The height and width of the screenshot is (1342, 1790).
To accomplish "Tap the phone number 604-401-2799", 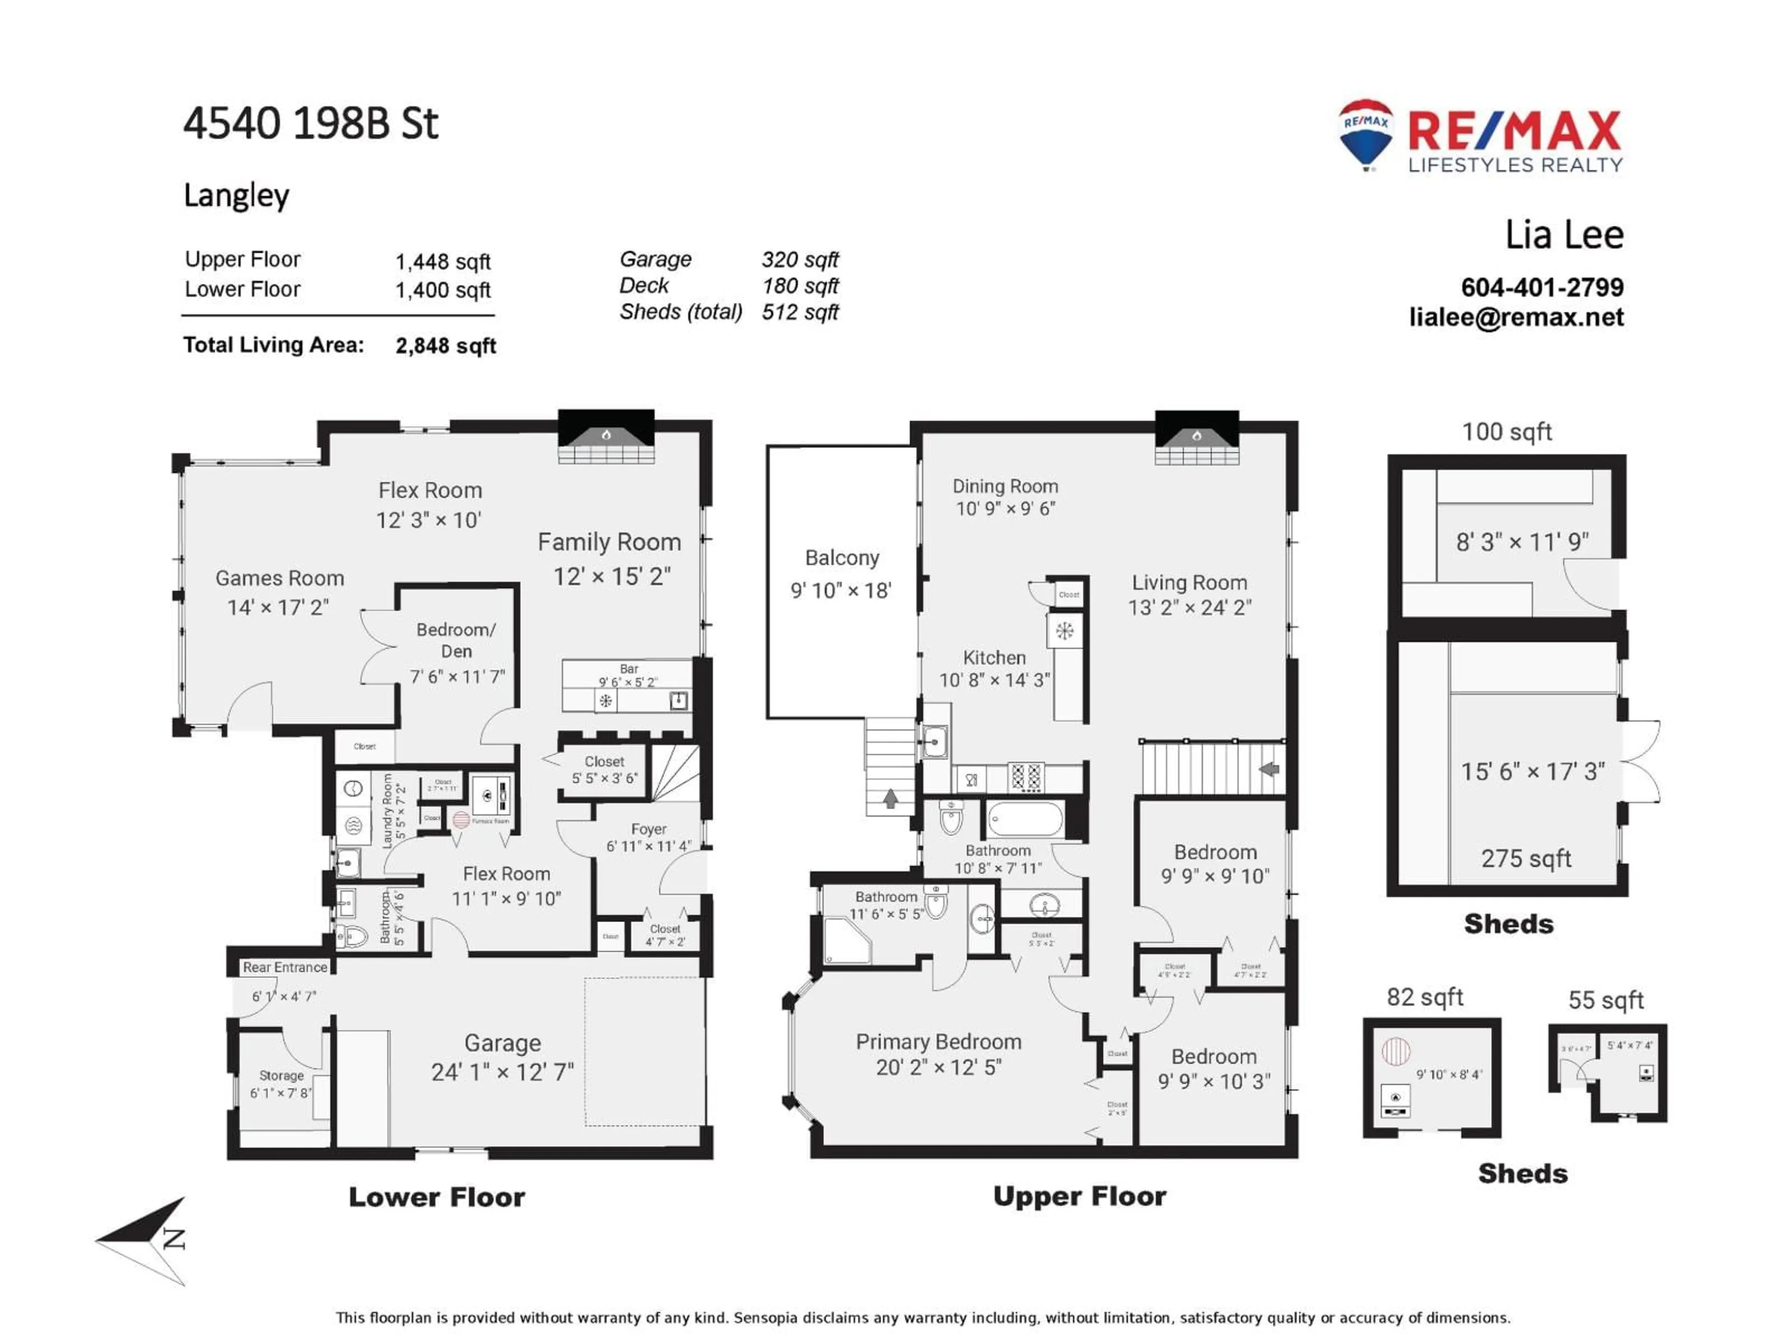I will pos(1542,287).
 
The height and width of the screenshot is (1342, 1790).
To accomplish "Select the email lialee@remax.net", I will pos(1516,317).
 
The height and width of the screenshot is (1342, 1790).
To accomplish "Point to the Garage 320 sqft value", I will pos(799,260).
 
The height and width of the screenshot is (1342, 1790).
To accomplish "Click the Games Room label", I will pos(279,578).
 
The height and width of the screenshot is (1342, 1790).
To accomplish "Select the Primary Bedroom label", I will pos(938,1042).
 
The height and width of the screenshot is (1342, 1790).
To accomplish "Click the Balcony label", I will pos(841,558).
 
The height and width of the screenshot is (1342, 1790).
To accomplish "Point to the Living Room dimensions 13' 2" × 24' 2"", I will pos(1190,608).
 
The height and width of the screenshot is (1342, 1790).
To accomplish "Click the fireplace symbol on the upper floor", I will pos(1196,437).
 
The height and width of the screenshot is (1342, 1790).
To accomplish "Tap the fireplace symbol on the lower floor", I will pos(606,437).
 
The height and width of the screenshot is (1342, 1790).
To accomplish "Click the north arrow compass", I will pos(150,1239).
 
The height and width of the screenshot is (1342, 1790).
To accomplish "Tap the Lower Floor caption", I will pos(436,1197).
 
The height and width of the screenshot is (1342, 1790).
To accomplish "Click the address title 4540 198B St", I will pos(311,124).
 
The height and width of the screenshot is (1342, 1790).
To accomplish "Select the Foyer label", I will pos(648,829).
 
